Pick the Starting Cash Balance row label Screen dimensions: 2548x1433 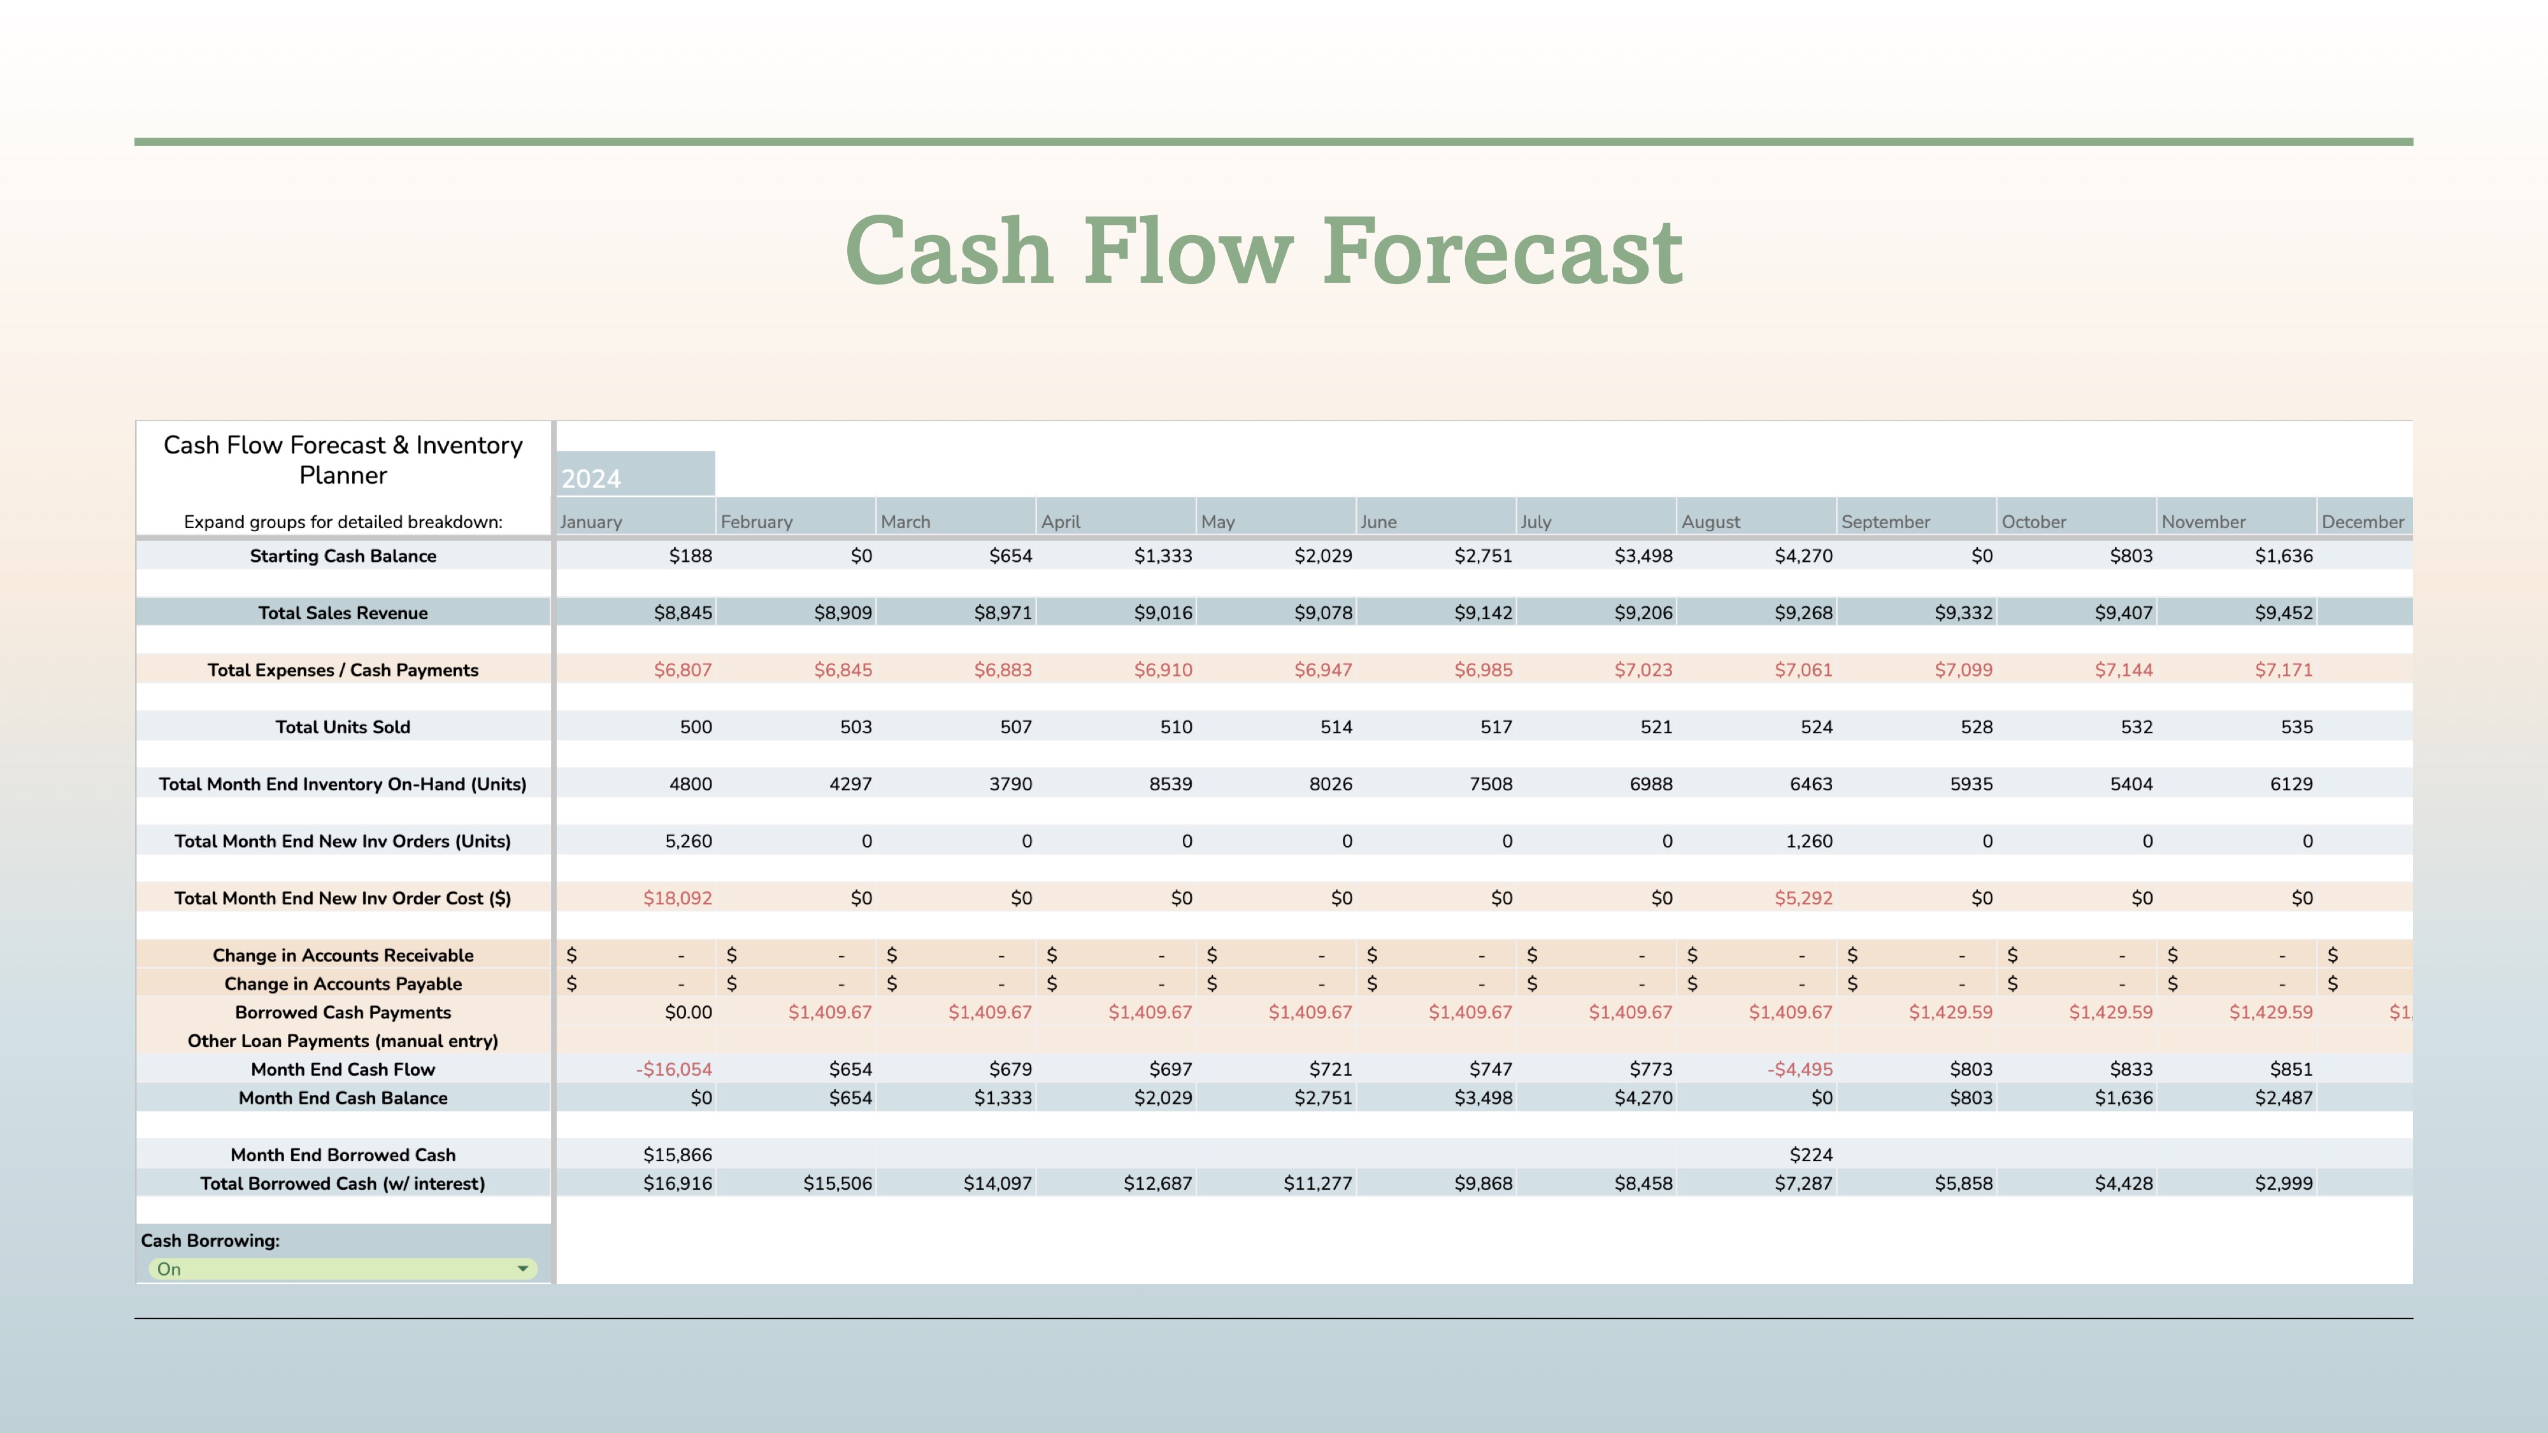(x=343, y=556)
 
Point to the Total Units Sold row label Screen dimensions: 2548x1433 (x=343, y=727)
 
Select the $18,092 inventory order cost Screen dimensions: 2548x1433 (x=678, y=898)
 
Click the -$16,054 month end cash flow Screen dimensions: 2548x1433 (x=673, y=1069)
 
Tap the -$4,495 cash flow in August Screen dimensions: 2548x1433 (x=1800, y=1069)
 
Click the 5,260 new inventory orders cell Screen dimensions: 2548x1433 (x=689, y=841)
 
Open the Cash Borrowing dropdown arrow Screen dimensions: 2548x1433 (x=522, y=1269)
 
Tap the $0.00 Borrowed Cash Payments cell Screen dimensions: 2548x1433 (x=689, y=1013)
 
